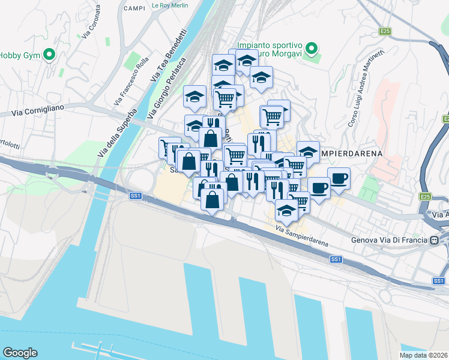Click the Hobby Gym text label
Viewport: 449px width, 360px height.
pyautogui.click(x=19, y=55)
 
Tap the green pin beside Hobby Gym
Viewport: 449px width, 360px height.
pyautogui.click(x=50, y=55)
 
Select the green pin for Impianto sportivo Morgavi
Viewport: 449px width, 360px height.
pyautogui.click(x=311, y=48)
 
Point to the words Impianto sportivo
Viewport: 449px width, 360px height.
pyautogui.click(x=265, y=44)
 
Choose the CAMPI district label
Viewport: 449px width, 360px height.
pyautogui.click(x=135, y=8)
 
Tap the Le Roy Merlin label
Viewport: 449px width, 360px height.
pyautogui.click(x=170, y=5)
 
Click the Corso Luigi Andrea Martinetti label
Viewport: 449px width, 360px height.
pyautogui.click(x=367, y=95)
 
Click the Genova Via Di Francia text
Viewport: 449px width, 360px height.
pyautogui.click(x=389, y=241)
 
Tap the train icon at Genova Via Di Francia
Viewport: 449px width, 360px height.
pyautogui.click(x=434, y=241)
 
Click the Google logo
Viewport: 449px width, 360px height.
pyautogui.click(x=20, y=353)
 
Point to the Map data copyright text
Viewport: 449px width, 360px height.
pyautogui.click(x=424, y=355)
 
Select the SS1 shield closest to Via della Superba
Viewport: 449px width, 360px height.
pyautogui.click(x=135, y=196)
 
